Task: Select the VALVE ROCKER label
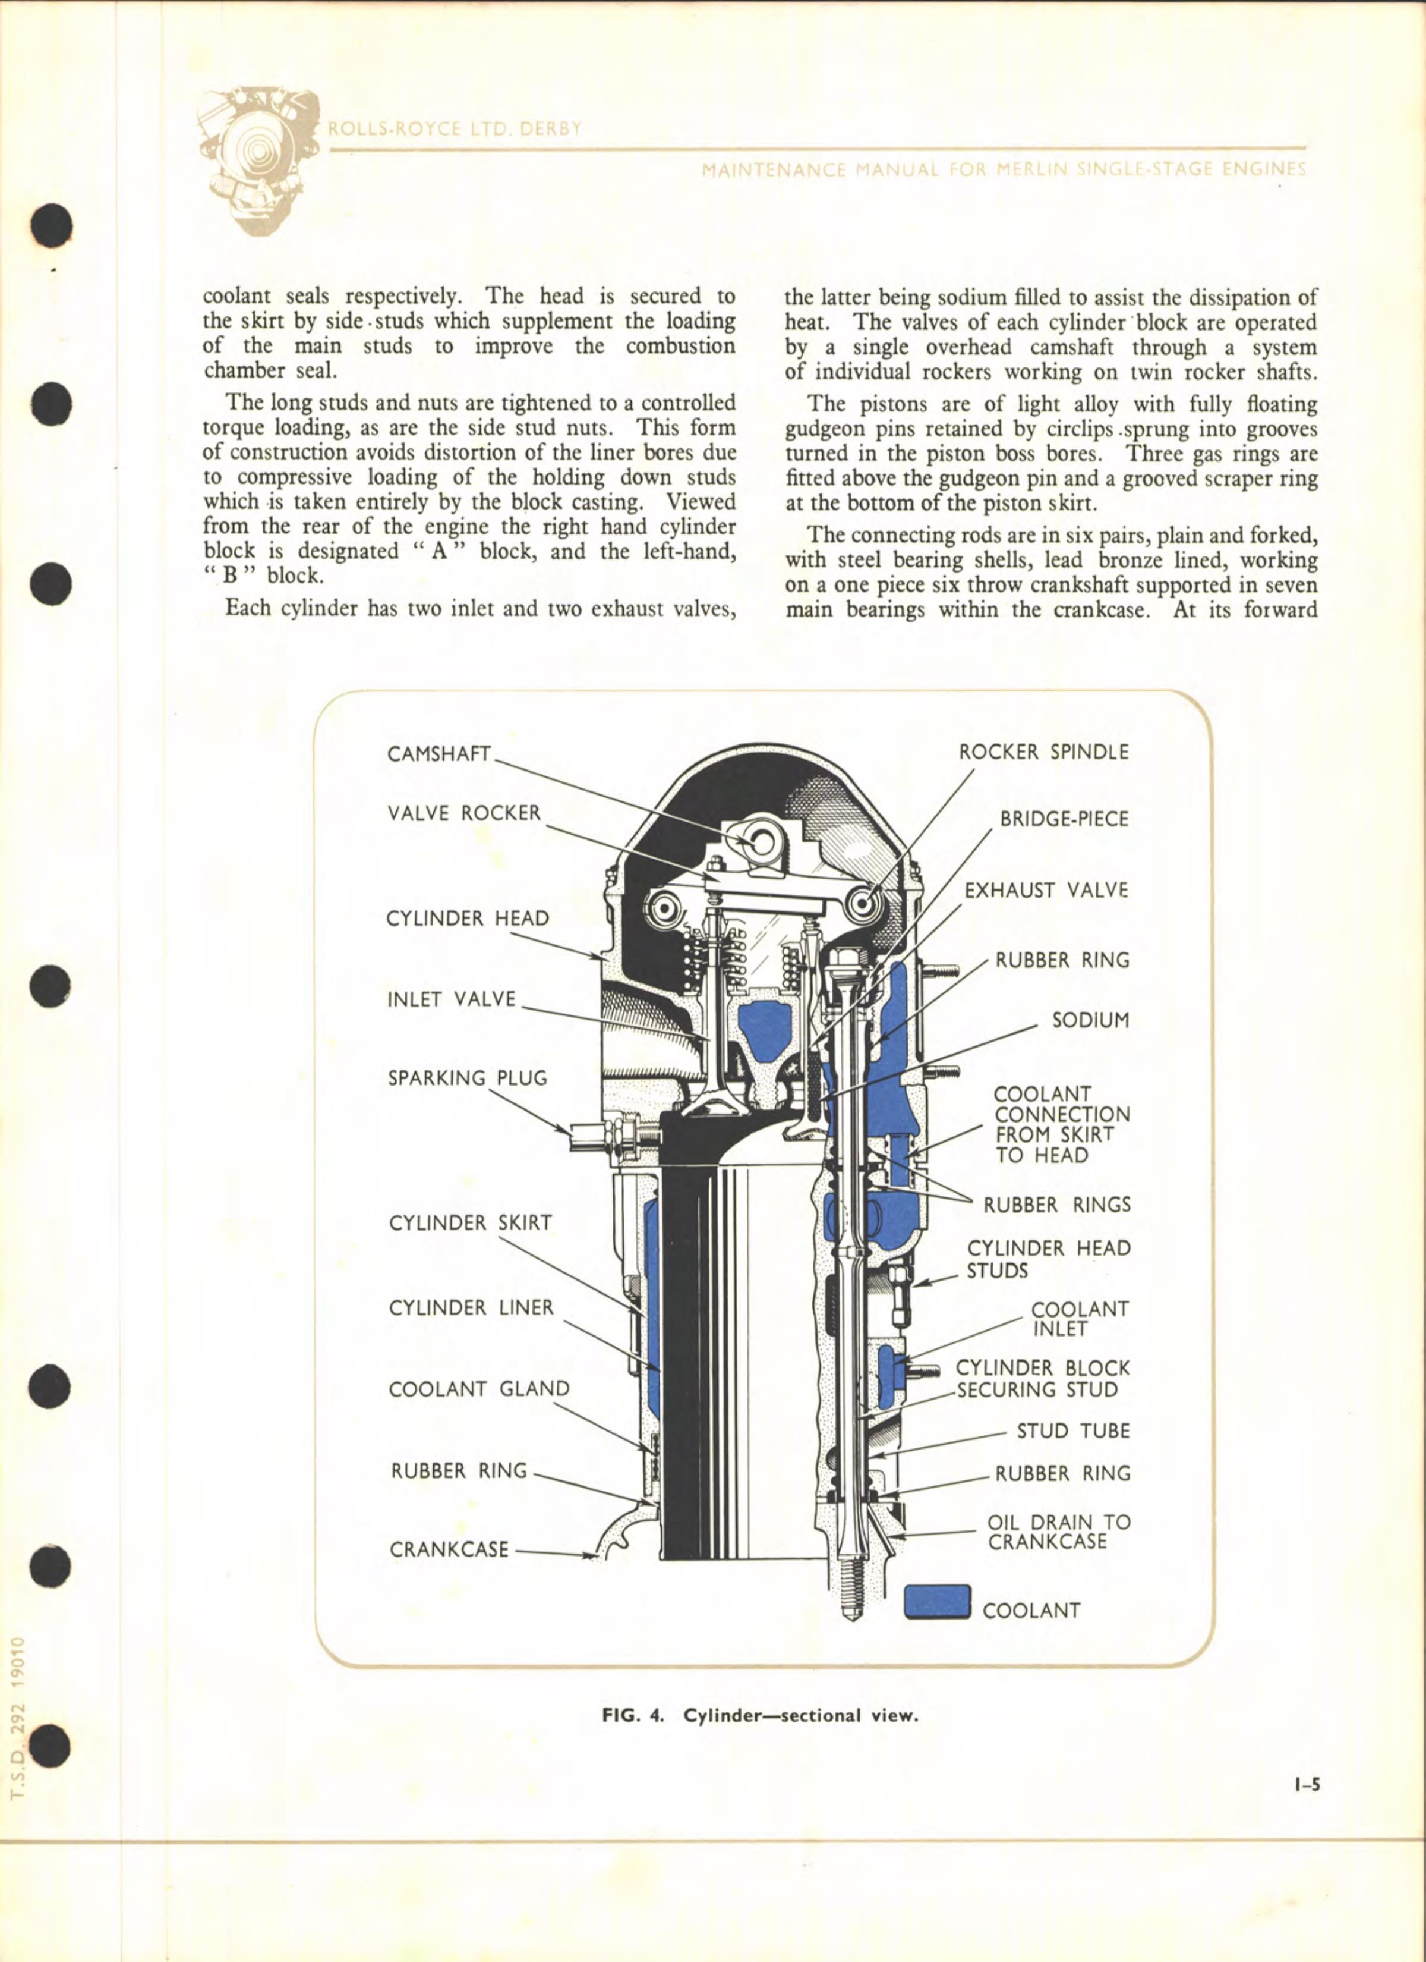pyautogui.click(x=463, y=813)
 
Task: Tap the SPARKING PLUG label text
pyautogui.click(x=467, y=1078)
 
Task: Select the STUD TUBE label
pyautogui.click(x=1073, y=1431)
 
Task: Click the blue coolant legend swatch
pyautogui.click(x=938, y=1601)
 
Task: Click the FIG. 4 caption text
pyautogui.click(x=758, y=1715)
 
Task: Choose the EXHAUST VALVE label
pyautogui.click(x=1046, y=890)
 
